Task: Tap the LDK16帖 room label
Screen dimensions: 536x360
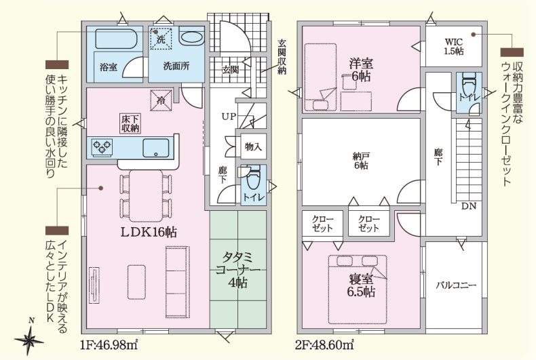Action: pyautogui.click(x=149, y=233)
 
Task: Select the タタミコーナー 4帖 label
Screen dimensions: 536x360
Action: pyautogui.click(x=237, y=270)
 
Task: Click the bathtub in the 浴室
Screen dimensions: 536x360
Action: pyautogui.click(x=116, y=39)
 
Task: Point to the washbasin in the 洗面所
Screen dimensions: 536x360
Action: pyautogui.click(x=191, y=37)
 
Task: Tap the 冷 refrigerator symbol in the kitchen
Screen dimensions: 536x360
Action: pyautogui.click(x=161, y=100)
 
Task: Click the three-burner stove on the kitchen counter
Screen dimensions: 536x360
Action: pyautogui.click(x=102, y=148)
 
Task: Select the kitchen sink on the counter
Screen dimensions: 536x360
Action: pyautogui.click(x=156, y=148)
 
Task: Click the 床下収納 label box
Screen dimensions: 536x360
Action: pyautogui.click(x=130, y=123)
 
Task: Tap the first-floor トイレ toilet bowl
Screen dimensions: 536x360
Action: pyautogui.click(x=253, y=178)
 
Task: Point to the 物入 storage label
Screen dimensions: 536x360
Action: pyautogui.click(x=253, y=146)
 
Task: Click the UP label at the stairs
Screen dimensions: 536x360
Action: pyautogui.click(x=229, y=117)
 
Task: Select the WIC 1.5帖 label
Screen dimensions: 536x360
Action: pyautogui.click(x=454, y=47)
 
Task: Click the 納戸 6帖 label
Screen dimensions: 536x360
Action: pyautogui.click(x=361, y=161)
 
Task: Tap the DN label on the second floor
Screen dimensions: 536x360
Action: pyautogui.click(x=469, y=206)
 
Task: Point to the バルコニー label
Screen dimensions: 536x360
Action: pyautogui.click(x=456, y=285)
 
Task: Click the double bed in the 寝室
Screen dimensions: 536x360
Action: pyautogui.click(x=358, y=289)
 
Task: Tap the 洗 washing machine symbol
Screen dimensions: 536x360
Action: pyautogui.click(x=161, y=39)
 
